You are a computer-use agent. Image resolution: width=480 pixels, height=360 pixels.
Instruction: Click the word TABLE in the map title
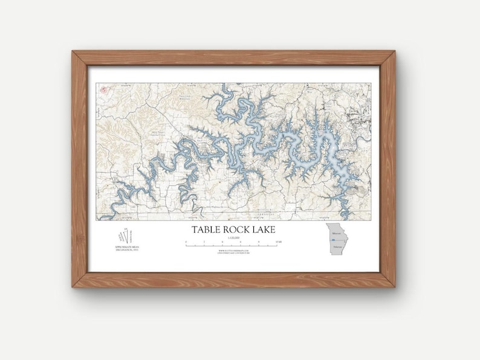tap(206, 230)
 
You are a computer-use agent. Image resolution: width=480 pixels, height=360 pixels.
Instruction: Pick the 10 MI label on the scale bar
tap(277, 242)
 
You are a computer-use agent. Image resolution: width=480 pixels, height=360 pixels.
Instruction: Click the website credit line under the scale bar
tap(232, 251)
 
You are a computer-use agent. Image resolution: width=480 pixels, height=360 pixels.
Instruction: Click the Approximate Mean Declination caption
tap(124, 249)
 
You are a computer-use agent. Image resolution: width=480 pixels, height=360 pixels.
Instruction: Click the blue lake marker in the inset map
tap(334, 240)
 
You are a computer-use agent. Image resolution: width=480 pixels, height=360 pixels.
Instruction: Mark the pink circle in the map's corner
tap(103, 90)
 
